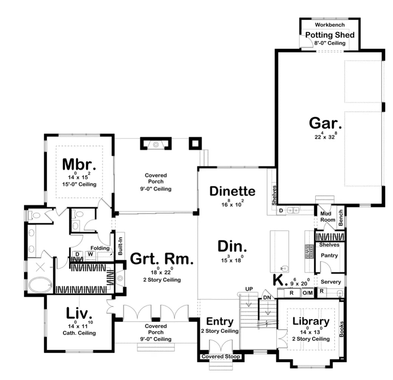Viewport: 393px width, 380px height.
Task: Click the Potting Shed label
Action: click(330, 35)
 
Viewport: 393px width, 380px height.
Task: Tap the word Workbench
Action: click(330, 25)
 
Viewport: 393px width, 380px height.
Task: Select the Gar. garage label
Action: click(325, 123)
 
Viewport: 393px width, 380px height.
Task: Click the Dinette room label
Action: click(232, 191)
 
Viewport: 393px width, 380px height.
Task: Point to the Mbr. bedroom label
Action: click(79, 164)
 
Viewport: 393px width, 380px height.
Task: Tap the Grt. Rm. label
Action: click(162, 259)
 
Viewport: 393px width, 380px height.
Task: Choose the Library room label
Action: click(311, 321)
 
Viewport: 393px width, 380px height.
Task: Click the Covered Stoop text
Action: click(221, 357)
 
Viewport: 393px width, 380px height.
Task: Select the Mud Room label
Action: click(328, 217)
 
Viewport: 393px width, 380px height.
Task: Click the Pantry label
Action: click(330, 255)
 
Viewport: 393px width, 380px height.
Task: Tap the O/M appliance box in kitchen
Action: click(308, 293)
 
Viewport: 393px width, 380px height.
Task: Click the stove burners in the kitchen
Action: click(309, 252)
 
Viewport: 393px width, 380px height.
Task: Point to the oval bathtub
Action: click(40, 285)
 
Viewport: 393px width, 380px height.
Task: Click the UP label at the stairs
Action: click(249, 289)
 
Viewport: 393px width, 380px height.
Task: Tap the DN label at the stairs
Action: click(267, 297)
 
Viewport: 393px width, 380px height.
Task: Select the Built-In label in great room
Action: click(120, 246)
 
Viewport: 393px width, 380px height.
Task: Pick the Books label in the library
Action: click(341, 329)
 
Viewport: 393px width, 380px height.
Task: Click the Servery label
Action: click(331, 282)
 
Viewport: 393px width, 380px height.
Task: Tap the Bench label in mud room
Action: click(340, 218)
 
